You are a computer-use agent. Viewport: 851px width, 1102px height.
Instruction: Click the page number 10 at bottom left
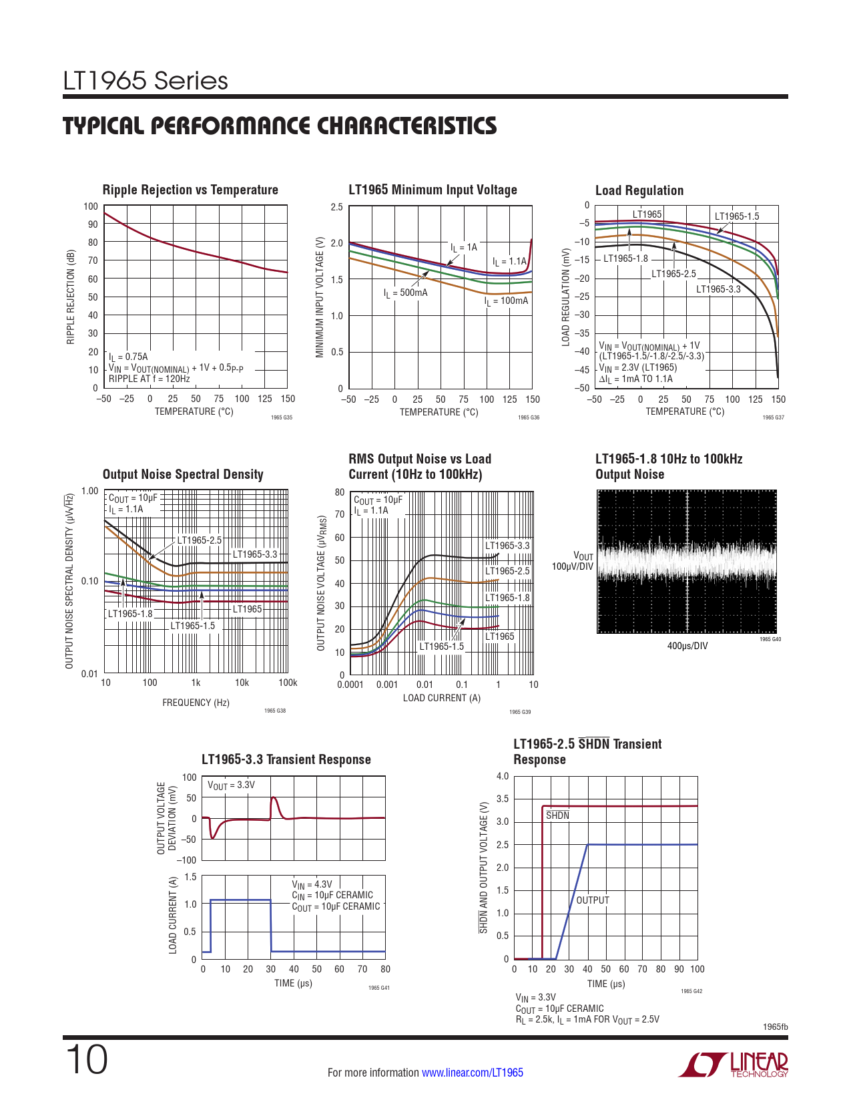pos(86,1060)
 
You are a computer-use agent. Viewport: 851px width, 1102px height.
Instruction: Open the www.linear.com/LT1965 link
pos(473,1073)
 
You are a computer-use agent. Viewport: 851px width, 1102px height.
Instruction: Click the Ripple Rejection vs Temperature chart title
pos(190,190)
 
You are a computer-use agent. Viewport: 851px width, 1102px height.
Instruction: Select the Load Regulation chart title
pos(639,190)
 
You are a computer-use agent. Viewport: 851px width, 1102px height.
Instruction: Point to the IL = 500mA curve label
pos(405,293)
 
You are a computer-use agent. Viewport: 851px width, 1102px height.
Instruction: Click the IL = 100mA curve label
pos(506,301)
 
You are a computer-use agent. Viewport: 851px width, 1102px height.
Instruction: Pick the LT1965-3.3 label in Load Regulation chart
pos(718,289)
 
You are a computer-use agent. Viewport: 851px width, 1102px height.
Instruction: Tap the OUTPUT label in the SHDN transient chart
pos(593,900)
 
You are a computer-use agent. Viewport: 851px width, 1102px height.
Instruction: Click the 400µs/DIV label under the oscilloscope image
pos(687,646)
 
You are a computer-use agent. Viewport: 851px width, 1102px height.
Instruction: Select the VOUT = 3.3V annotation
pos(231,785)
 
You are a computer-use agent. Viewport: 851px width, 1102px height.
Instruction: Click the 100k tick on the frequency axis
pos(288,683)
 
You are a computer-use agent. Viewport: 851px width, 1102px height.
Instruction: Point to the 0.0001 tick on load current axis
pos(350,685)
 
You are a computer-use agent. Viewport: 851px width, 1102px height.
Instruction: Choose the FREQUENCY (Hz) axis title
pos(196,703)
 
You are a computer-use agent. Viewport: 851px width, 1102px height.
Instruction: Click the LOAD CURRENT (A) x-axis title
pos(441,698)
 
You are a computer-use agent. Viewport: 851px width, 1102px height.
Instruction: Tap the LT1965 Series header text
pos(146,81)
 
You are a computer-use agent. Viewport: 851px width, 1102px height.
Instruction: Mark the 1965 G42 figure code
pos(691,991)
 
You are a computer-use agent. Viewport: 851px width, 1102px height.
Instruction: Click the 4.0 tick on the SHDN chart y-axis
pos(503,776)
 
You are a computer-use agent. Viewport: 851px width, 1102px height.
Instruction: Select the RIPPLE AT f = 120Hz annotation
pos(150,379)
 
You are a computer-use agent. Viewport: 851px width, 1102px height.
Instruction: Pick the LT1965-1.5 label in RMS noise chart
pos(441,647)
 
